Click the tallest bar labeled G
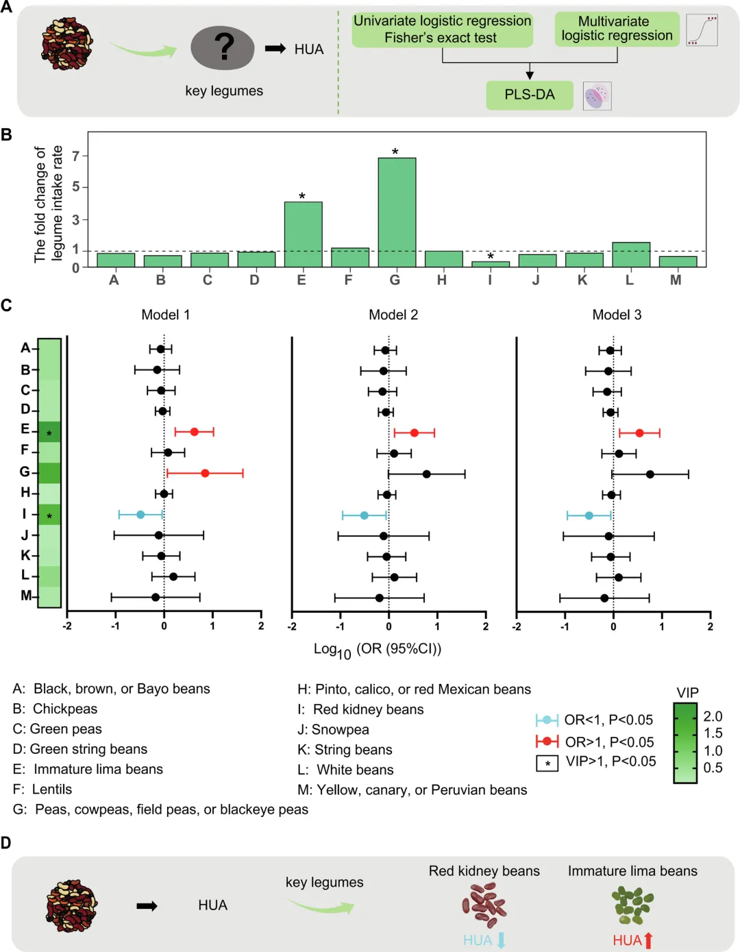coord(397,212)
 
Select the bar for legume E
coord(303,234)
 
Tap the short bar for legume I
coord(490,264)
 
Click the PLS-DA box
coord(529,95)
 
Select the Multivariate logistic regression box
coord(617,29)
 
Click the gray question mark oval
coord(223,48)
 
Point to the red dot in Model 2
coord(414,432)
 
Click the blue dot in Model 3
coord(589,515)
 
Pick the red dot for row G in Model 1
coord(205,473)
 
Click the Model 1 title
coord(165,315)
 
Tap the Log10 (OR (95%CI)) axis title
coord(378,649)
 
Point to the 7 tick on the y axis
coord(76,156)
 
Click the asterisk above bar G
coord(395,151)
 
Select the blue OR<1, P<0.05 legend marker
coord(547,720)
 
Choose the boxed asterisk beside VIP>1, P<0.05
coord(547,763)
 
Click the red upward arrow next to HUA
coord(648,940)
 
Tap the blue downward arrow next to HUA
coord(501,940)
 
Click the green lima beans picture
coord(632,905)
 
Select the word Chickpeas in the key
coord(65,709)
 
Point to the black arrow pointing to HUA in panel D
coord(147,906)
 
